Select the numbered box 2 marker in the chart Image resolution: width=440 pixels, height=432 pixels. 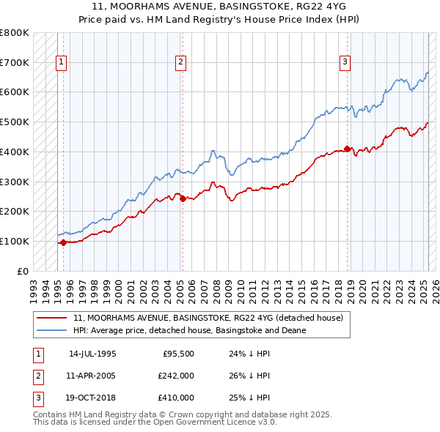(180, 63)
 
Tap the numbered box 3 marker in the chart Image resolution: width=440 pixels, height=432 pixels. (345, 63)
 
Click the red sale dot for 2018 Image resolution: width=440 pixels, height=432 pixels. (347, 149)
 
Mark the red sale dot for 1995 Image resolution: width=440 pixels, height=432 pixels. (63, 242)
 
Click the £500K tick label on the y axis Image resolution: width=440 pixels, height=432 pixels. (15, 122)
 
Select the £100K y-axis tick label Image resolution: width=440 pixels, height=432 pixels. (15, 241)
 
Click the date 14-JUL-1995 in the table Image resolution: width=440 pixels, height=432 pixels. (92, 354)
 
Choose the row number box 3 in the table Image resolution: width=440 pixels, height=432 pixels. (38, 398)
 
